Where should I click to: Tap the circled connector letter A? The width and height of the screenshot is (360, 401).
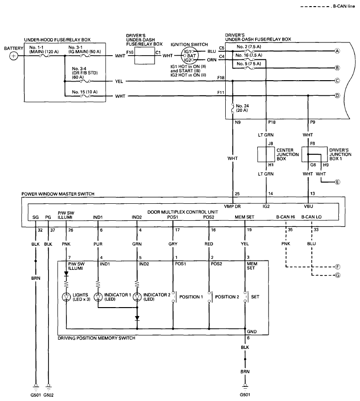pyautogui.click(x=337, y=51)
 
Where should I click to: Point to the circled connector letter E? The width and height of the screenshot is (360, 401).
pyautogui.click(x=337, y=181)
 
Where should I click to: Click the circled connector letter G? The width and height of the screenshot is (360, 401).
pyautogui.click(x=337, y=274)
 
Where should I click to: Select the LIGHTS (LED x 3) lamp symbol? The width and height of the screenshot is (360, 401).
pyautogui.click(x=66, y=297)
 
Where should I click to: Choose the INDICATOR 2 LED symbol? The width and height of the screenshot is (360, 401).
pyautogui.click(x=137, y=297)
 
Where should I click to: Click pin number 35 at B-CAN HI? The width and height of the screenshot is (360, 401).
pyautogui.click(x=291, y=230)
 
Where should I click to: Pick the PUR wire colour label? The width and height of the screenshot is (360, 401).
pyautogui.click(x=98, y=244)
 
